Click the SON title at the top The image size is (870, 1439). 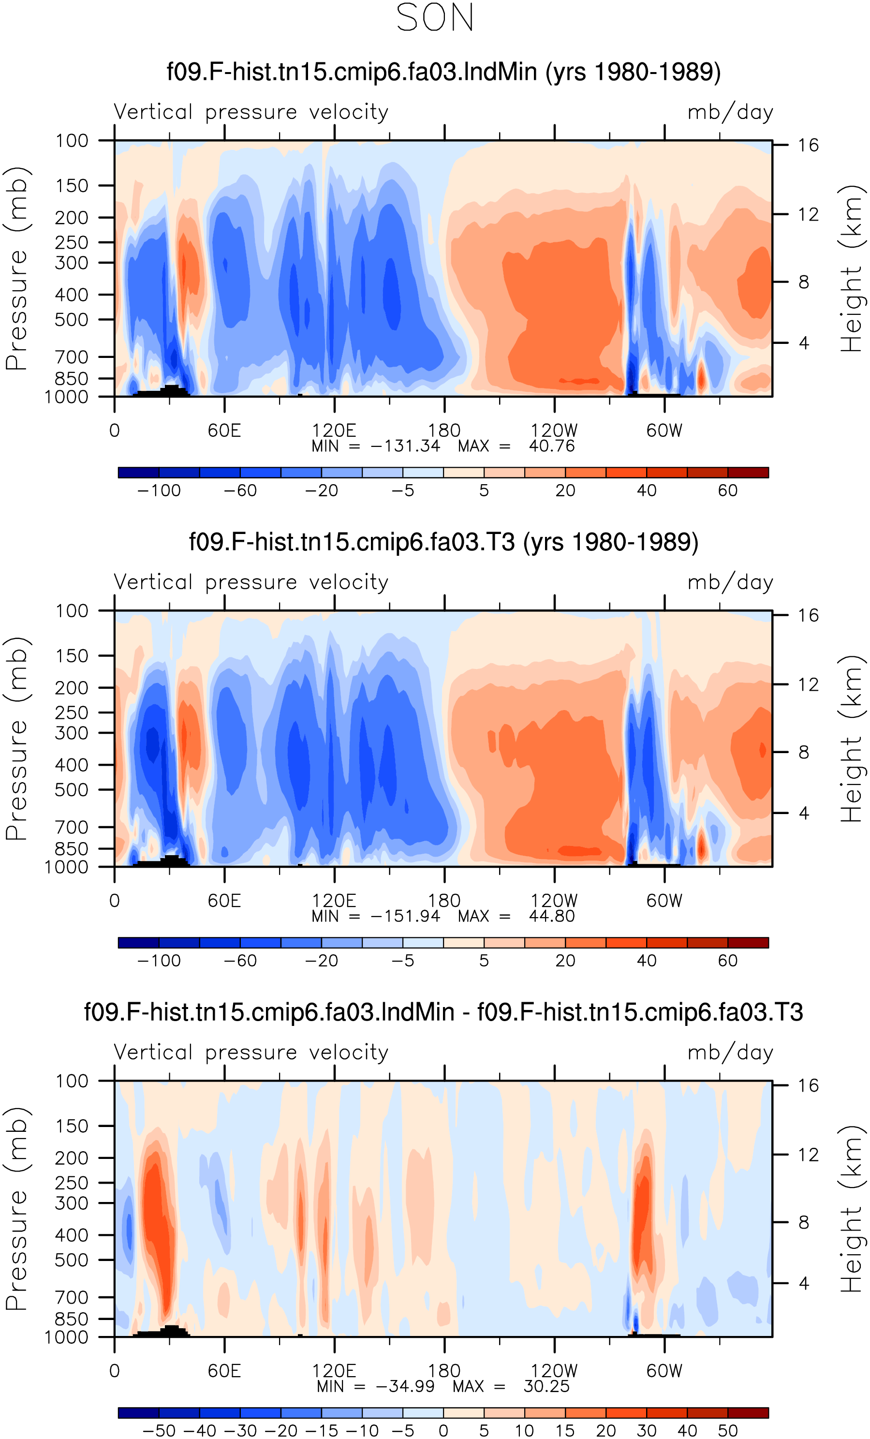435,17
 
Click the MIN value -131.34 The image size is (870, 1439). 405,446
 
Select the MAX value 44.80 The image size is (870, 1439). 552,916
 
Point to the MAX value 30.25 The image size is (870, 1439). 546,1386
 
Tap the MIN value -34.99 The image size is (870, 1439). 405,1386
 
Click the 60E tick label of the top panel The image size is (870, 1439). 224,430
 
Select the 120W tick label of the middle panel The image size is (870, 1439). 554,901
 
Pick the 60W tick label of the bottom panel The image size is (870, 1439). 664,1371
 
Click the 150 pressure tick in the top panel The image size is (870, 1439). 72,186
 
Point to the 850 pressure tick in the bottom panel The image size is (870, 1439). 72,1319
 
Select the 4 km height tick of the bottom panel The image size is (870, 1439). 804,1283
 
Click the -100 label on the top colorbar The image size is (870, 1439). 159,490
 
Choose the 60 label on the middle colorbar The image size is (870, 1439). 727,961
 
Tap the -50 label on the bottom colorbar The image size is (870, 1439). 159,1431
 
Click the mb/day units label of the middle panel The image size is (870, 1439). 730,582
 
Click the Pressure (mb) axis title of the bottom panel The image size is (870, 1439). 16,1208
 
